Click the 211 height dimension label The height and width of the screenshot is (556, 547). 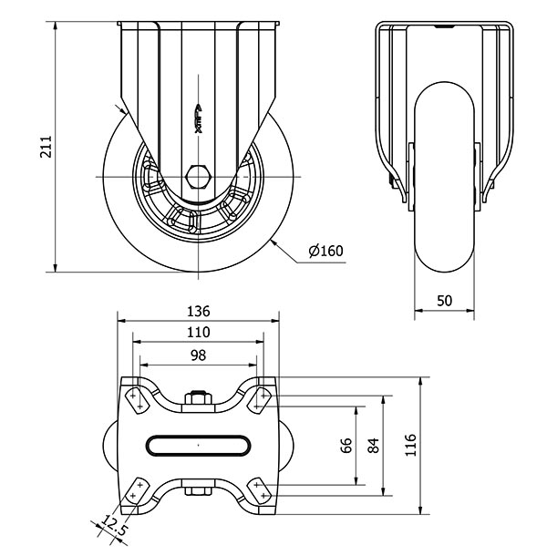tap(46, 146)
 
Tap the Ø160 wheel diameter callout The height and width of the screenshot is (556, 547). tap(326, 251)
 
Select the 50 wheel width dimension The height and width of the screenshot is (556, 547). tap(444, 301)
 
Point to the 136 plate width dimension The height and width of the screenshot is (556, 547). tap(199, 312)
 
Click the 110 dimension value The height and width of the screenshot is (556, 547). tap(199, 333)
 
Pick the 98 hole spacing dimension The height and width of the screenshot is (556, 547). tap(198, 355)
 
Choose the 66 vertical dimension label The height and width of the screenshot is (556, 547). tap(346, 446)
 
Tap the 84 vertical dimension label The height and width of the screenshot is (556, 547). tap(374, 446)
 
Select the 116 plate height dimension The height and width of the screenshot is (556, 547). tap(410, 445)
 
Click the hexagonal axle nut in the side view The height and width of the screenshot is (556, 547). tap(199, 177)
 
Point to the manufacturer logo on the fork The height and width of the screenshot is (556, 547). tap(199, 119)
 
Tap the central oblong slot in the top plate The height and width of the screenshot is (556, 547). tap(199, 446)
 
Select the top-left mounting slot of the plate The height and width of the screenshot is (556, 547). tap(137, 399)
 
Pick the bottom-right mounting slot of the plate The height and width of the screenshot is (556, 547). tap(260, 490)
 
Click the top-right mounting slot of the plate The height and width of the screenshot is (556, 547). tap(260, 399)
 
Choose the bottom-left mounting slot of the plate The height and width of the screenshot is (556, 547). tap(137, 490)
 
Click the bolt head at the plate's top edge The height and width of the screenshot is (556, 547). tap(198, 397)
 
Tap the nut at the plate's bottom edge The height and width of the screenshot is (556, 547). tap(198, 491)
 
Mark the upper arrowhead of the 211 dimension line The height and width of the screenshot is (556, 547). tap(55, 26)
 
